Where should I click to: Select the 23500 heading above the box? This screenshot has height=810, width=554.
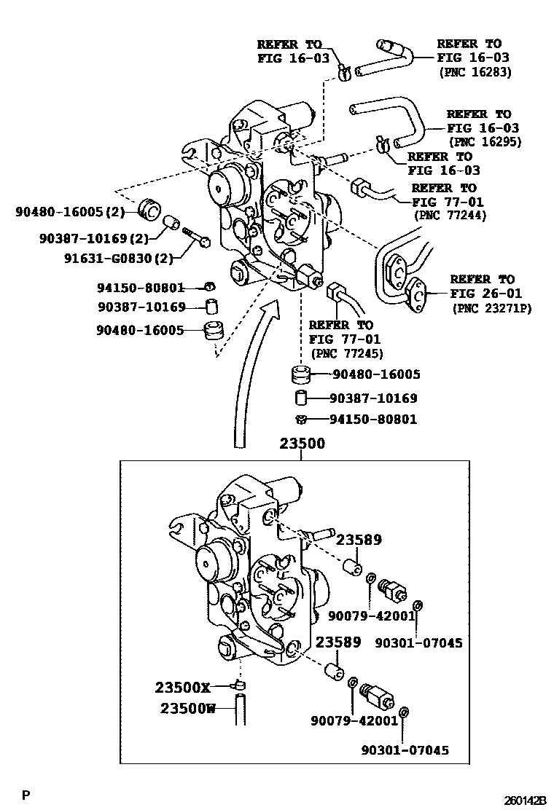point(302,444)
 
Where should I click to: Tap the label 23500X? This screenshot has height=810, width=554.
point(182,687)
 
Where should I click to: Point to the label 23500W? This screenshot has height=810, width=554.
point(187,708)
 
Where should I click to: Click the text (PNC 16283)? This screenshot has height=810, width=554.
point(475,72)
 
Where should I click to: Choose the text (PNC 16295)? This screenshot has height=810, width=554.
point(485,142)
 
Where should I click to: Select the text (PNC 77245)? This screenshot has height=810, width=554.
point(347,353)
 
